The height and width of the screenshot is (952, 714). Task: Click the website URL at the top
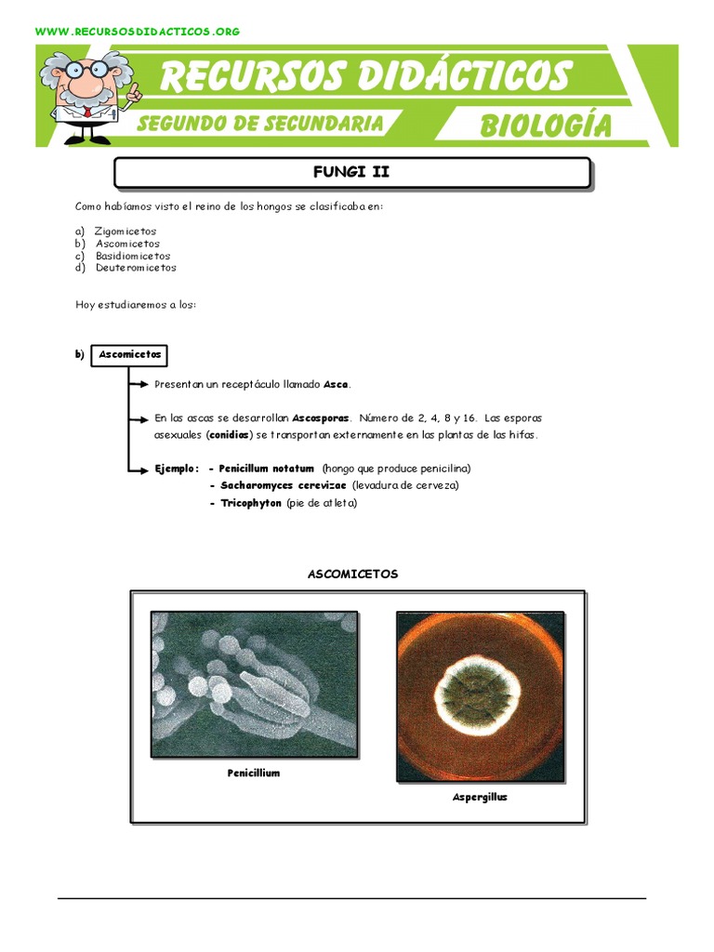138,32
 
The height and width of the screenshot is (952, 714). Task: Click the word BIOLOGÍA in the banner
545,126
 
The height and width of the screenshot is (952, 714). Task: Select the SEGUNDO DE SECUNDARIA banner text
259,123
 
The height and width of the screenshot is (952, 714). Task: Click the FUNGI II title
351,172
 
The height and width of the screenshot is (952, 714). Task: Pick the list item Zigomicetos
126,231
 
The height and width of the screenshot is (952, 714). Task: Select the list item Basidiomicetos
133,256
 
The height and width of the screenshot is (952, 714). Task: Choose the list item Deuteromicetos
136,268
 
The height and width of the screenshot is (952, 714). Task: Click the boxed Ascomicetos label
129,354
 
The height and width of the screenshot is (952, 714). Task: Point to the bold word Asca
336,384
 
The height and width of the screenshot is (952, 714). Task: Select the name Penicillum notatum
267,469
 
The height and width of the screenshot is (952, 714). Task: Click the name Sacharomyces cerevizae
283,485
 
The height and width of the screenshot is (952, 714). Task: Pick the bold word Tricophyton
250,503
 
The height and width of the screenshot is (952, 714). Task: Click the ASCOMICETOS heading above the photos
352,574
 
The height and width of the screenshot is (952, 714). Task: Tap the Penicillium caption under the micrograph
254,773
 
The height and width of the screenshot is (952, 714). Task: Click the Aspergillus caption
480,797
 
